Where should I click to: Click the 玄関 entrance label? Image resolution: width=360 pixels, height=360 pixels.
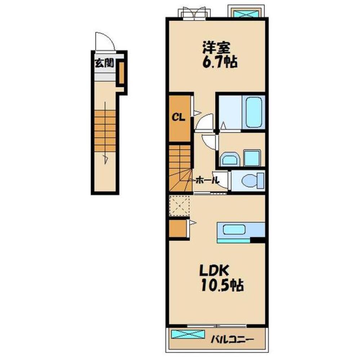[105, 63]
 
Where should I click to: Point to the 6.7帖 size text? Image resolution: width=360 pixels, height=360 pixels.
[219, 62]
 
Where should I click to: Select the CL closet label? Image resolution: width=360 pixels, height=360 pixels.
[179, 118]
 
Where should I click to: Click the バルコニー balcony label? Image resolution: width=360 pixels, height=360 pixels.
[232, 339]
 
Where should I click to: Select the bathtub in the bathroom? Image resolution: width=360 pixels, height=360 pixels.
[254, 112]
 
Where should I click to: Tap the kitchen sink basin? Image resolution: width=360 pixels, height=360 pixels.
[234, 230]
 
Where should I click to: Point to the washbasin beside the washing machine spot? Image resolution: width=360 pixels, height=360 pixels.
[230, 159]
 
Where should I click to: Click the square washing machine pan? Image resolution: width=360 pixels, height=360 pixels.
[252, 158]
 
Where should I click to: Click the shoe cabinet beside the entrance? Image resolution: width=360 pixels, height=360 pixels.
[121, 73]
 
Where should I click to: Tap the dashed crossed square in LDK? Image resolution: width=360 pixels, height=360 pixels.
[179, 206]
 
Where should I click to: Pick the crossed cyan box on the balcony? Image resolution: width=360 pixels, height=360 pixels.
[188, 334]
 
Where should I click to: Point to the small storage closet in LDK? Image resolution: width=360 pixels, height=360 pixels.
[178, 229]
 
